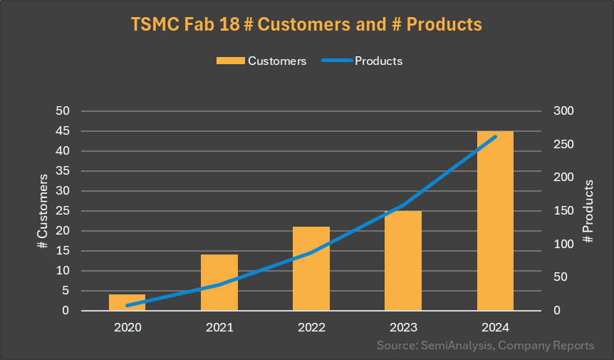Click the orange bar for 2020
(x=127, y=302)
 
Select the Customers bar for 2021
(x=219, y=282)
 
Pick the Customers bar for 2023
(x=403, y=260)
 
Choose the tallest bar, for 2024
(x=495, y=220)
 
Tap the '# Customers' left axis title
(x=42, y=211)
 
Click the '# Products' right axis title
(x=588, y=211)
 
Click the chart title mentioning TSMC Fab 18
(x=306, y=24)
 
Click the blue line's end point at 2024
(x=495, y=136)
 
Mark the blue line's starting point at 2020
(x=128, y=305)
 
